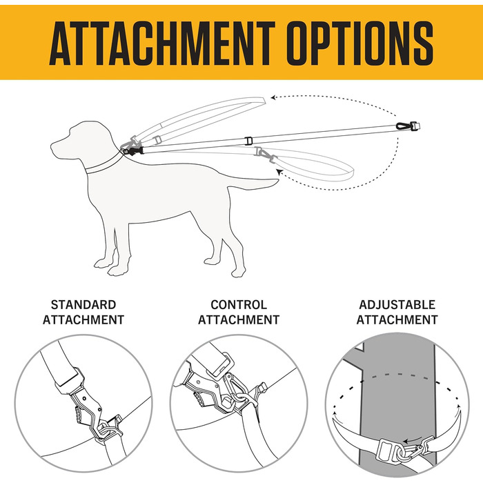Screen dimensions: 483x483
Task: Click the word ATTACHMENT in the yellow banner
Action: point(162,43)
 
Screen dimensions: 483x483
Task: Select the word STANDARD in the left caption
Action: point(83,305)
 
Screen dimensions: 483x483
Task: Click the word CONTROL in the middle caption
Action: point(239,305)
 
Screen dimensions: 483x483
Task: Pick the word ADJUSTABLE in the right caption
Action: point(397,305)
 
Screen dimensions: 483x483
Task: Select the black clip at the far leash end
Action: point(408,126)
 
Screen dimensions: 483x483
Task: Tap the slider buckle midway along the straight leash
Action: point(248,141)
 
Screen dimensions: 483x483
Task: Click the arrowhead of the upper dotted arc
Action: point(273,98)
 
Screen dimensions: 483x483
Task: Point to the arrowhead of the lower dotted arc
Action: point(279,172)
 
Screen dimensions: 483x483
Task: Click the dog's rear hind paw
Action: point(239,272)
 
